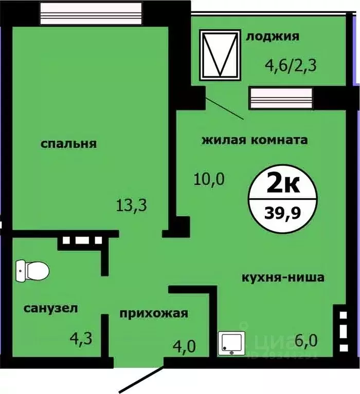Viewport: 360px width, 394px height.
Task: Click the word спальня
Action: (x=68, y=144)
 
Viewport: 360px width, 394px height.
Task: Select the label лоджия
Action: (x=273, y=36)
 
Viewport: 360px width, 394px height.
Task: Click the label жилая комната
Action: (x=255, y=140)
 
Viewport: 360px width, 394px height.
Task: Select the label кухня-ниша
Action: (x=283, y=278)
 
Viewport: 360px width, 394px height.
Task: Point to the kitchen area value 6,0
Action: (x=307, y=340)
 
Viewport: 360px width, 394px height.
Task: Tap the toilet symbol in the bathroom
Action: (x=32, y=268)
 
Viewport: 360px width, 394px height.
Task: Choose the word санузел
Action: (x=50, y=308)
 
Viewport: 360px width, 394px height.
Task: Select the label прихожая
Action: (x=154, y=313)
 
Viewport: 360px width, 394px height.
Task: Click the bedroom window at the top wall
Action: (x=90, y=13)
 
